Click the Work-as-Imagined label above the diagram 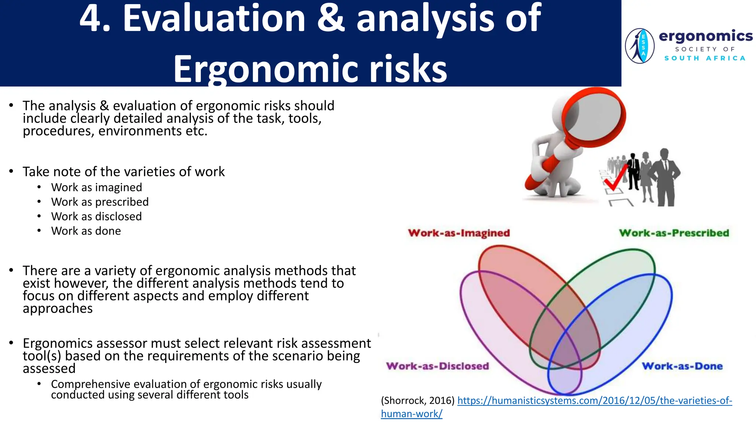click(459, 233)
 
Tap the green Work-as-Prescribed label click(674, 233)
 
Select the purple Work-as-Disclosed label click(437, 366)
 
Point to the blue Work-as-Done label click(682, 366)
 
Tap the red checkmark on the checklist click(615, 178)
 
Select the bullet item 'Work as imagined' click(96, 187)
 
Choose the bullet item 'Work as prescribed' click(100, 202)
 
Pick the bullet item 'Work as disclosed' click(96, 216)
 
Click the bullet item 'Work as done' click(86, 231)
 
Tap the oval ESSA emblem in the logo click(640, 46)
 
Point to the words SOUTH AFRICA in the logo click(705, 58)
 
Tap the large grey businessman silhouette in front click(664, 177)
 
